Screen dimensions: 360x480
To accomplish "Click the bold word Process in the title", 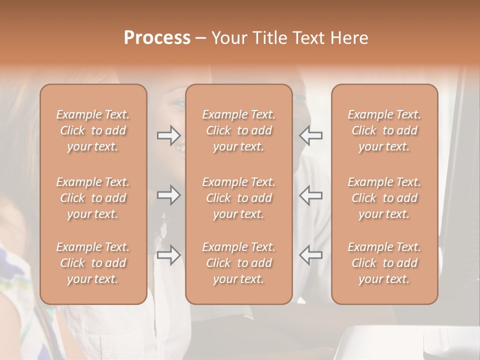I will coord(157,38).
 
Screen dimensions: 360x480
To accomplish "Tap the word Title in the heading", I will coord(269,38).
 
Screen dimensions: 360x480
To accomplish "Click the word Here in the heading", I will coord(350,38).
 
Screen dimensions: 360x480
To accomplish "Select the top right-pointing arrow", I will coord(169,135).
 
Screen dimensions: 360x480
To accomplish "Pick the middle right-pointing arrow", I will coord(169,195).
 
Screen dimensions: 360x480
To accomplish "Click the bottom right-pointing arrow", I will coord(169,255).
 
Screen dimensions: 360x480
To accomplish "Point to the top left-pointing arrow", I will coord(310,135).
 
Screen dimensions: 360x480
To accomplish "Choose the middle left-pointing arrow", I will coord(310,195).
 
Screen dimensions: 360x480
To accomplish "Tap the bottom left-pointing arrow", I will coord(310,255).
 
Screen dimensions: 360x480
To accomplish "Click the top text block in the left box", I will coord(93,130).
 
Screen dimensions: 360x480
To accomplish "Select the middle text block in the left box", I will coord(93,198).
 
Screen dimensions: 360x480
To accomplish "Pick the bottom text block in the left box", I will coord(93,263).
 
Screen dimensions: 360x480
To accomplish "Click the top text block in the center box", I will coord(239,130).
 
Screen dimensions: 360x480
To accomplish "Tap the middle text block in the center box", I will coord(239,198).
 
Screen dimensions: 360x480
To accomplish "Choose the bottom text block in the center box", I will coord(239,263).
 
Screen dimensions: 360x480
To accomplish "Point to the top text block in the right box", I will coord(384,130).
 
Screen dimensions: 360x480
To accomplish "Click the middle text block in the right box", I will coord(384,198).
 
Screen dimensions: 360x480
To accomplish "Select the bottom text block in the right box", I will coord(384,263).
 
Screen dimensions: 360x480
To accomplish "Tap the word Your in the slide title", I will coord(229,38).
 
